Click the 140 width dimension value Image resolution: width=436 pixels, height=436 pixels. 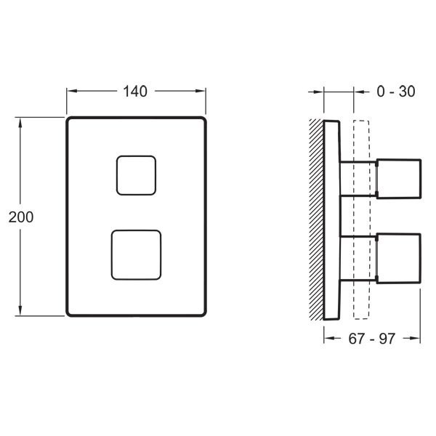pyautogui.click(x=135, y=92)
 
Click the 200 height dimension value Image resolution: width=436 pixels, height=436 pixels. pyautogui.click(x=21, y=217)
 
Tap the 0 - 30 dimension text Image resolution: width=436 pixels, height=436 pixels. pyautogui.click(x=396, y=92)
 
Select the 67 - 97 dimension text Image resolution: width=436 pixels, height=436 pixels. pyautogui.click(x=372, y=339)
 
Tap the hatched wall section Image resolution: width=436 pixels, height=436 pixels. pyautogui.click(x=316, y=219)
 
